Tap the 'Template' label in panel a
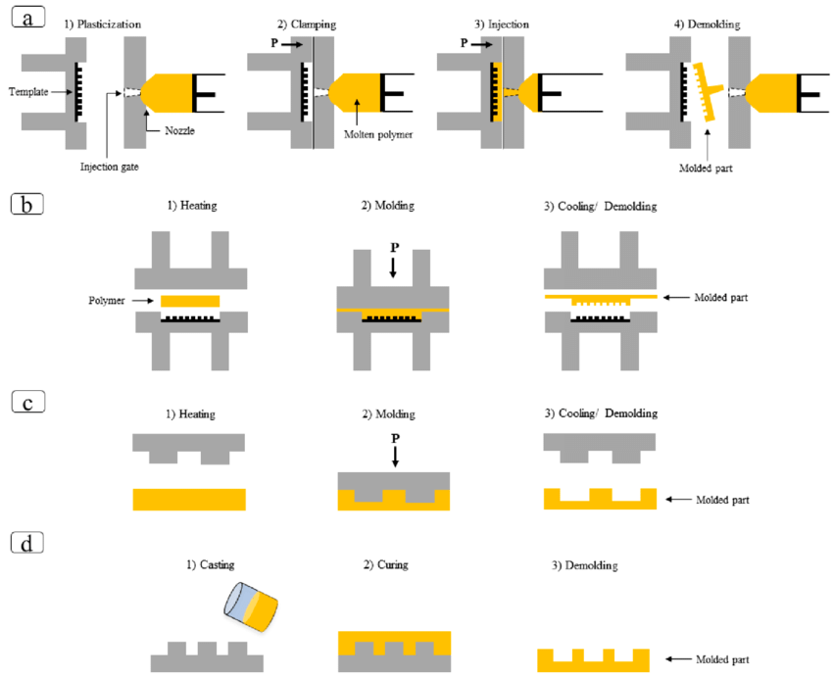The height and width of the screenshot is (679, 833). (29, 91)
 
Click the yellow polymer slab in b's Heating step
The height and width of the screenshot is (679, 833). (189, 300)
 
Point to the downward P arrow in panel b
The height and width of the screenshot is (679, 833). (393, 266)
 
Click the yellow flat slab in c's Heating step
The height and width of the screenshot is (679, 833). (188, 499)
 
